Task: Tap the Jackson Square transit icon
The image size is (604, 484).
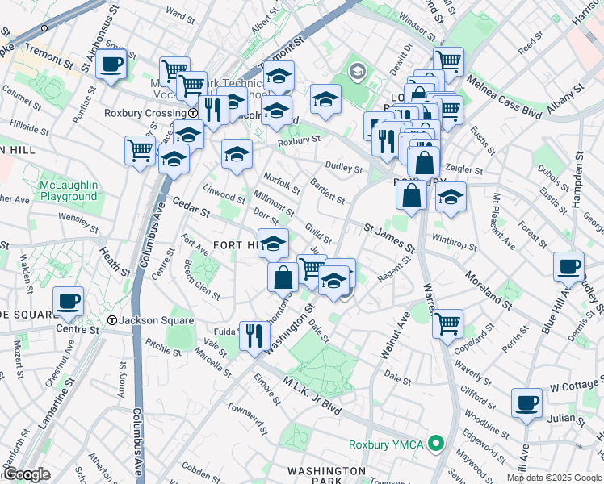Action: [x=112, y=320]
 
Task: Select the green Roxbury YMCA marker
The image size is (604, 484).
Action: [x=437, y=444]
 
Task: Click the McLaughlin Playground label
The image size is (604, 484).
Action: [x=69, y=191]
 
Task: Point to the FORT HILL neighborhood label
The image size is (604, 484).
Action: [x=234, y=244]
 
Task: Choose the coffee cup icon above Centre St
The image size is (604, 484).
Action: [x=68, y=301]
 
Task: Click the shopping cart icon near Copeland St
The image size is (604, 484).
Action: [x=447, y=323]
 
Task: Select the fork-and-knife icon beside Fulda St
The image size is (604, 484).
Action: [x=254, y=334]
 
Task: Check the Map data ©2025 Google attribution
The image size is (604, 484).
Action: [x=554, y=478]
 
